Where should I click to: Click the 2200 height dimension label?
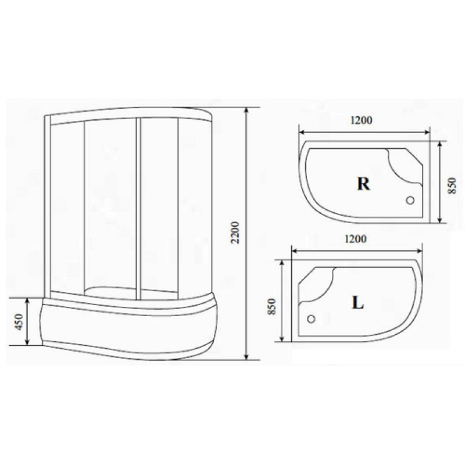(235, 233)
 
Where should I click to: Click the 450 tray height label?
(19, 322)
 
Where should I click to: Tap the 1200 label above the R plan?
(361, 120)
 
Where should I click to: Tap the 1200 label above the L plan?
(356, 239)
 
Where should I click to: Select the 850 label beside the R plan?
(452, 185)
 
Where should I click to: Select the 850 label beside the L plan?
(271, 306)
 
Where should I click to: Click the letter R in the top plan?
(364, 184)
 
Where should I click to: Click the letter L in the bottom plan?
(357, 303)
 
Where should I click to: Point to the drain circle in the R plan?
(410, 201)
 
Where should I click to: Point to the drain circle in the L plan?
(311, 319)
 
